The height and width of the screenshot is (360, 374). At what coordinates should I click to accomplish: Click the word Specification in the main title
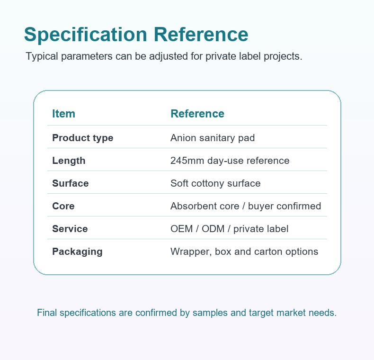point(86,35)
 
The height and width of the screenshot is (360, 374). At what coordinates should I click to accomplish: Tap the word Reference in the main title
point(201,35)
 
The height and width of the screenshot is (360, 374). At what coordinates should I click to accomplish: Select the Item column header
point(64,114)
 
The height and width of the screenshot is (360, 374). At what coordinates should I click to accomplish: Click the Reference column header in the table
point(197,114)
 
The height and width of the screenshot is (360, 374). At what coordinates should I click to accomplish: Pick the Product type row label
point(83,138)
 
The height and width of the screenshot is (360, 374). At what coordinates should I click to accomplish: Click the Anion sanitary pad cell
point(213,138)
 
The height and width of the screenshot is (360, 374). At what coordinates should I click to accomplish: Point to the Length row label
point(69,161)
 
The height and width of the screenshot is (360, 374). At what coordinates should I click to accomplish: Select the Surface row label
point(71,183)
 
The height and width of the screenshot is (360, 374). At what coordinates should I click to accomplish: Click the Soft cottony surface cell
point(215,183)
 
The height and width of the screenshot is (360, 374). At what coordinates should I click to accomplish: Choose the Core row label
point(63,206)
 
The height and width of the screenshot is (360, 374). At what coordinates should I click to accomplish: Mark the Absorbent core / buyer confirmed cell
point(246,206)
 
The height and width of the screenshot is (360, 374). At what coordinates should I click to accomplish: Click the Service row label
point(70,229)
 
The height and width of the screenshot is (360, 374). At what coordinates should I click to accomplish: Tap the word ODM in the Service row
point(213,229)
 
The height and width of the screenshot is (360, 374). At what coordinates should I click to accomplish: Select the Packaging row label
point(77,252)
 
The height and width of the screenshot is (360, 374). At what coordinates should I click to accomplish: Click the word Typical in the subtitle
point(42,56)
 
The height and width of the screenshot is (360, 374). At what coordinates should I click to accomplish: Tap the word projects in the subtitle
point(283,56)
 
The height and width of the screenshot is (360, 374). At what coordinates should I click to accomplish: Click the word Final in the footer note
point(47,313)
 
